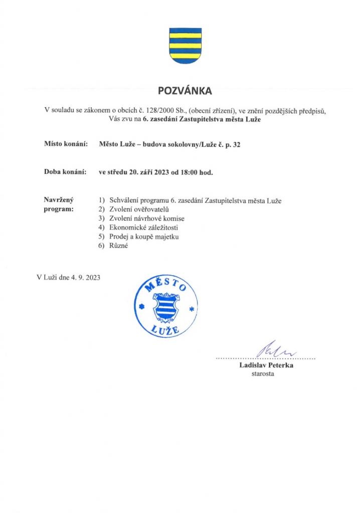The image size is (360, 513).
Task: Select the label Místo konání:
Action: point(66,145)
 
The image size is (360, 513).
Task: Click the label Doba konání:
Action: point(66,173)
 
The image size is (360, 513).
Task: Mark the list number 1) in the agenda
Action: point(102,201)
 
